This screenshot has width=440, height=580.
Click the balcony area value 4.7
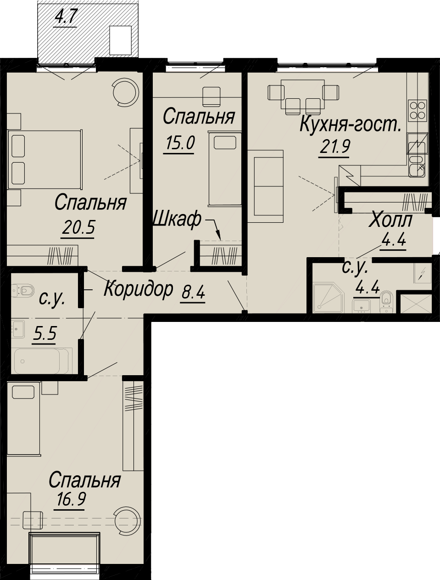click(65, 18)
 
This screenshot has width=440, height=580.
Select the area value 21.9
click(334, 146)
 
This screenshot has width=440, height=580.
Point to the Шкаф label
click(177, 219)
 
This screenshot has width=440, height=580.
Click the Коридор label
click(139, 289)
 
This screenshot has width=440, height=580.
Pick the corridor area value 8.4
click(193, 293)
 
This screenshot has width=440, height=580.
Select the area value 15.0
click(180, 143)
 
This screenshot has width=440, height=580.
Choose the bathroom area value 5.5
click(45, 333)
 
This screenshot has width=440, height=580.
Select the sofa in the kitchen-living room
click(265, 186)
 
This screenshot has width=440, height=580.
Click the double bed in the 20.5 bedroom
click(45, 159)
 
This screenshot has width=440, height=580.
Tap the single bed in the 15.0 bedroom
click(225, 169)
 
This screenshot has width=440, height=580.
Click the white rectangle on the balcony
click(121, 40)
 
